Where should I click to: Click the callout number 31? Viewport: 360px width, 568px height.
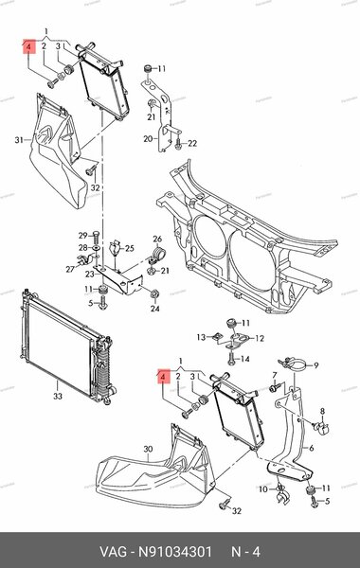click(x=19, y=140)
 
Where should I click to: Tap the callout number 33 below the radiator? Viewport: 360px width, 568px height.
click(x=58, y=397)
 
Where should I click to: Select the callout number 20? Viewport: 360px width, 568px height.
click(x=148, y=139)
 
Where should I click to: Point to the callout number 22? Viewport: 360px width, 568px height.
click(x=192, y=144)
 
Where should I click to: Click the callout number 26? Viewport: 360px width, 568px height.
click(x=157, y=240)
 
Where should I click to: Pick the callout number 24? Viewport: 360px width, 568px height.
click(x=155, y=309)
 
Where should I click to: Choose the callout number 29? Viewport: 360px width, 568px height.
click(x=83, y=236)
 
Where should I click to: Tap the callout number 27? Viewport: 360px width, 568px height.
click(x=70, y=269)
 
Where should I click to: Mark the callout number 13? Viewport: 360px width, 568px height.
click(x=201, y=337)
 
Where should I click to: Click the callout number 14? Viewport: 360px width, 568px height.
click(x=245, y=359)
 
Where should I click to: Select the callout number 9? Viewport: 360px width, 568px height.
click(x=316, y=365)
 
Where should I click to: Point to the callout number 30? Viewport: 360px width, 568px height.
click(x=148, y=449)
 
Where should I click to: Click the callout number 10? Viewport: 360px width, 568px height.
click(x=263, y=489)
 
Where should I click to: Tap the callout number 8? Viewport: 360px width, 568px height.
click(x=322, y=411)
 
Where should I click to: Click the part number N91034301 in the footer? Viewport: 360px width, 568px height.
click(x=175, y=552)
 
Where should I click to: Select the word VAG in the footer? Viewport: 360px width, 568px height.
click(x=114, y=552)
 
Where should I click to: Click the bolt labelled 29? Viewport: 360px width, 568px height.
click(x=96, y=238)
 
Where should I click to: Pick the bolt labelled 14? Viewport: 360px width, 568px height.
click(x=231, y=359)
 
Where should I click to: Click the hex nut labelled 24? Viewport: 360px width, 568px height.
click(x=153, y=293)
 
